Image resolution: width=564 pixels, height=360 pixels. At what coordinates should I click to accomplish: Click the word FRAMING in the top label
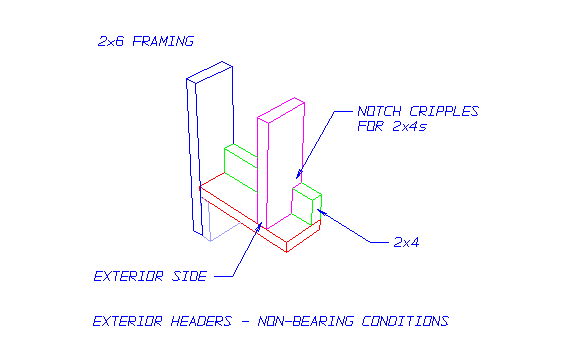click(162, 42)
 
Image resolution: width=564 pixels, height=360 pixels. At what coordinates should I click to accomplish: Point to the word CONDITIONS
click(406, 322)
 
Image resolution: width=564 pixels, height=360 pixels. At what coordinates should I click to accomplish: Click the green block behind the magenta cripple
click(239, 160)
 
